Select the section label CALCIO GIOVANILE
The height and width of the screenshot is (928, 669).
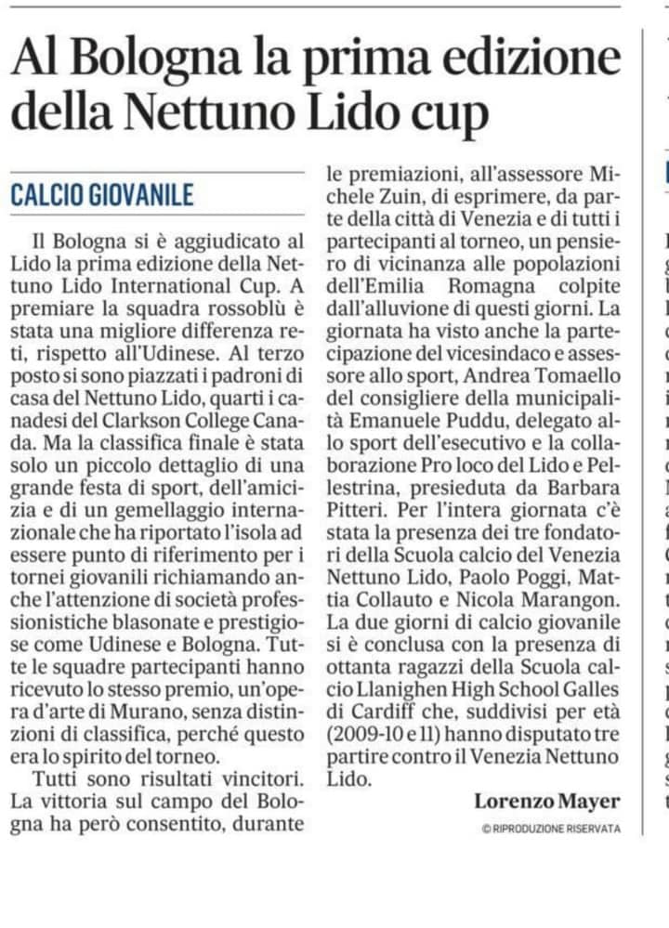click(x=102, y=195)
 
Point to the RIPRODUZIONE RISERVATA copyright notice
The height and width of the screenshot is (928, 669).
click(x=551, y=828)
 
